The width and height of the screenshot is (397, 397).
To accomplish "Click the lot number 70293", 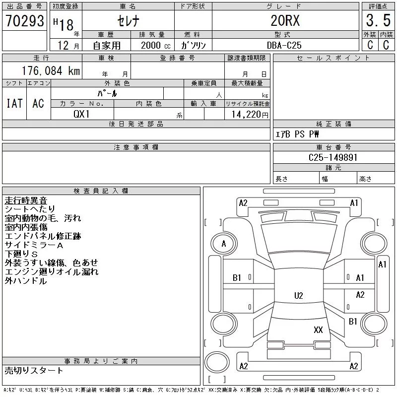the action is (x=24, y=21).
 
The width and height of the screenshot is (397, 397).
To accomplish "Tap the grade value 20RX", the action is (x=285, y=21).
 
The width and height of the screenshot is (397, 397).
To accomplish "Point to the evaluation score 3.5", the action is (x=378, y=21).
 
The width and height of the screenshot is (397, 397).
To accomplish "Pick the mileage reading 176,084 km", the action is (x=50, y=71).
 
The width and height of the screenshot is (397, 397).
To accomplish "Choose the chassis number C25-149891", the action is (x=333, y=157).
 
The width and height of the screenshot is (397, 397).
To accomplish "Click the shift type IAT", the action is (x=14, y=103).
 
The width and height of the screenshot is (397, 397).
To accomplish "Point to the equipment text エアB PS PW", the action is (x=297, y=134).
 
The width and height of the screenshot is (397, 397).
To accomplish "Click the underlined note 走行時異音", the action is (x=26, y=200).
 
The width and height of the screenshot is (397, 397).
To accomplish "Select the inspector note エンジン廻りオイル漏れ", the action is (x=52, y=272).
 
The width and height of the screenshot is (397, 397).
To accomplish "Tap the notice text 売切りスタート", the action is (x=34, y=370).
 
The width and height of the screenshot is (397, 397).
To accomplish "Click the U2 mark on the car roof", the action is (x=298, y=296).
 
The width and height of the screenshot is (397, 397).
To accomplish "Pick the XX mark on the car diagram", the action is (x=318, y=330).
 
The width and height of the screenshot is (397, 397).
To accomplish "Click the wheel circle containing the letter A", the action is (x=224, y=244).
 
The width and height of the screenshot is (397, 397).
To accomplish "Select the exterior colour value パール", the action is (x=107, y=93).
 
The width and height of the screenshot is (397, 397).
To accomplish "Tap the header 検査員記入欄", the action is (x=101, y=191).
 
